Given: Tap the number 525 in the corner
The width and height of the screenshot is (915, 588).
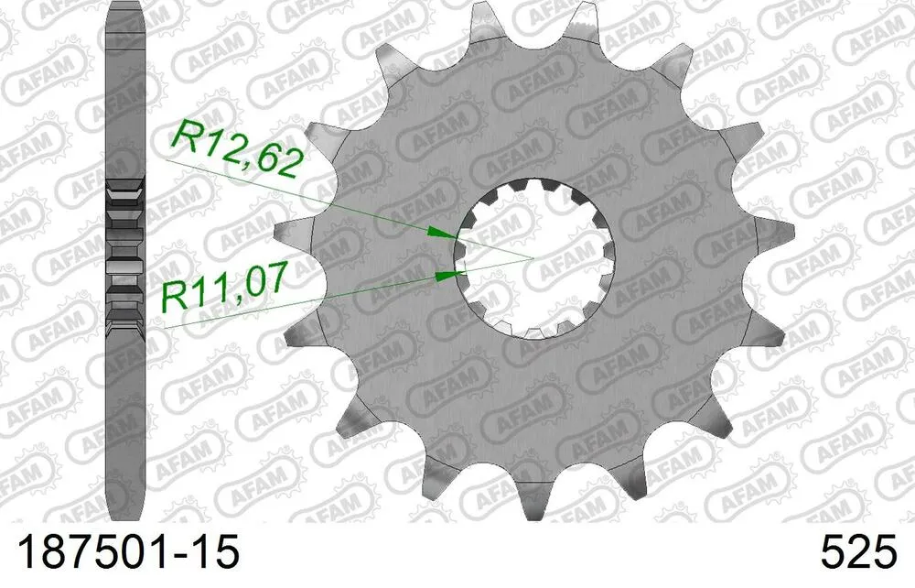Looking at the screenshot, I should click(x=860, y=554).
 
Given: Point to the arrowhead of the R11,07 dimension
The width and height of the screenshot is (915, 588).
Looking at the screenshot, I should click(x=446, y=273).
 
